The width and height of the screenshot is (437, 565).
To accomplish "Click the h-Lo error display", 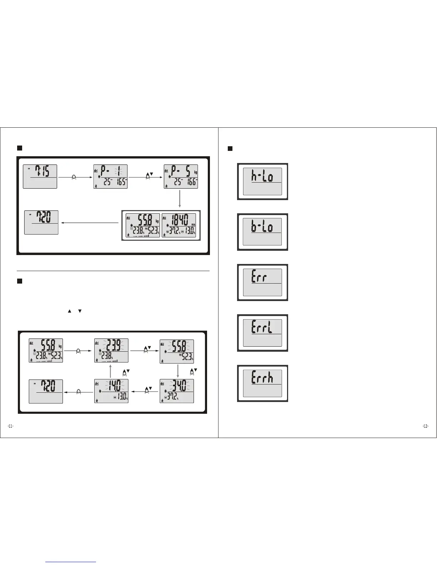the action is tap(262, 182).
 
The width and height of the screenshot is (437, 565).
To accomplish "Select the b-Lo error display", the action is tap(262, 232).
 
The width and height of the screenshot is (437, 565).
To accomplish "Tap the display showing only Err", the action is tap(262, 282).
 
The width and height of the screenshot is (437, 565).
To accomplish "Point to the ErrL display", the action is tap(262, 333).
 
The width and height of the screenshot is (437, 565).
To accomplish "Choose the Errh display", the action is tap(262, 383).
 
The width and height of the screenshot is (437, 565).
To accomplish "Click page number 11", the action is tap(11, 426).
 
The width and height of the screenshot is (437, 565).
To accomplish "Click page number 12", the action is tap(426, 426).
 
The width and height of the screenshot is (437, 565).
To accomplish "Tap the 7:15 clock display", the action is tap(40, 176).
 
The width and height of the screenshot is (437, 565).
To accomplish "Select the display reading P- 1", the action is tap(110, 177).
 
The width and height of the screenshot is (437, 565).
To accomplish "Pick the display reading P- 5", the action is tap(181, 177).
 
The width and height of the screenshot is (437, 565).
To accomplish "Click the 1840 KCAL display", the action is tap(179, 225).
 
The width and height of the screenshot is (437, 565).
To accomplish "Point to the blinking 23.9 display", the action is tap(111, 351).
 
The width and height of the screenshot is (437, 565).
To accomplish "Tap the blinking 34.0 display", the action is tap(177, 391).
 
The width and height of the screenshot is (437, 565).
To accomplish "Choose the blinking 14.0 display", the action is tap(111, 391).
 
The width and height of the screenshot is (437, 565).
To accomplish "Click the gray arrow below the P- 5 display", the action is tap(180, 199).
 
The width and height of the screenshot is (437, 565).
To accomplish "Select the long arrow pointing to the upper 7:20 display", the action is tap(89, 223).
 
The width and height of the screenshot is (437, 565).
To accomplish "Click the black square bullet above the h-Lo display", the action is tap(230, 148).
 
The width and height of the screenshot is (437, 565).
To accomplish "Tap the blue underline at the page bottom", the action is tap(71, 562).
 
